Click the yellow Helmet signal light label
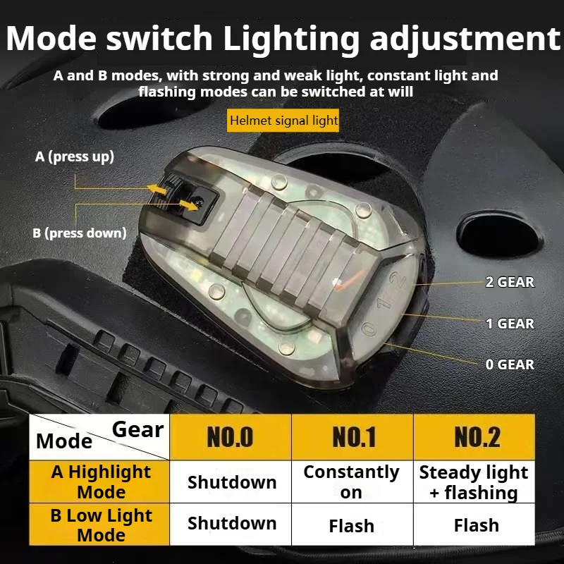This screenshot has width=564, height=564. tap(283, 121)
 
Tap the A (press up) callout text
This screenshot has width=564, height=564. tap(75, 157)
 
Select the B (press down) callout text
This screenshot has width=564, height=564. tap(80, 233)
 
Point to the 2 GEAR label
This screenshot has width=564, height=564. tap(510, 283)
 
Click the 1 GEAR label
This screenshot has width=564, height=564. tap(510, 324)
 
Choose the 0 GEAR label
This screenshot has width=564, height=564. tap(510, 364)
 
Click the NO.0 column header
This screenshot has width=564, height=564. tap(231, 437)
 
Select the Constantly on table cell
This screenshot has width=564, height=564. tap(351, 482)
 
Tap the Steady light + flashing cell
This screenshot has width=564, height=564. tap(474, 482)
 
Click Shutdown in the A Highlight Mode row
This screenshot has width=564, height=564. tap(232, 482)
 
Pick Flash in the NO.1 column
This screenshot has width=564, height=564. tap(351, 525)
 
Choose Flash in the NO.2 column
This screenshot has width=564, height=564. tap(477, 525)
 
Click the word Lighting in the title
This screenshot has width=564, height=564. tap(291, 39)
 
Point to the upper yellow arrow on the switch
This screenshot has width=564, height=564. tap(157, 189)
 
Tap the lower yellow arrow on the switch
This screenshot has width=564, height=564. tap(188, 205)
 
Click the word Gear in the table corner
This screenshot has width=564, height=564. tap(137, 429)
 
